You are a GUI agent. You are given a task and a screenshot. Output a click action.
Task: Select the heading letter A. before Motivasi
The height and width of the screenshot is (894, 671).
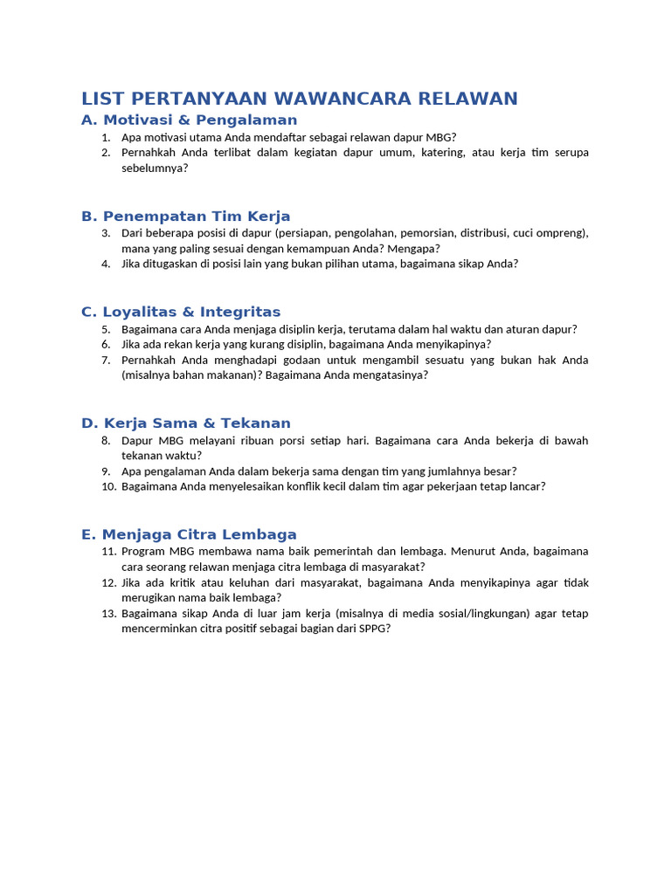click(x=90, y=120)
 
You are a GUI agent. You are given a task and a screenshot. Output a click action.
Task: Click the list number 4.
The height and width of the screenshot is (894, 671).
click(x=106, y=264)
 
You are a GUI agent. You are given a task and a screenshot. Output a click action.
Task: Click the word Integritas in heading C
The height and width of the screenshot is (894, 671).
click(x=240, y=313)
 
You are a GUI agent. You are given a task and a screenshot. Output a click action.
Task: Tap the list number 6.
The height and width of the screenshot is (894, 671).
click(x=106, y=345)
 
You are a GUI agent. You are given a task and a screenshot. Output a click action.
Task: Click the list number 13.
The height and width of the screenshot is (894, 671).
click(x=108, y=614)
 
